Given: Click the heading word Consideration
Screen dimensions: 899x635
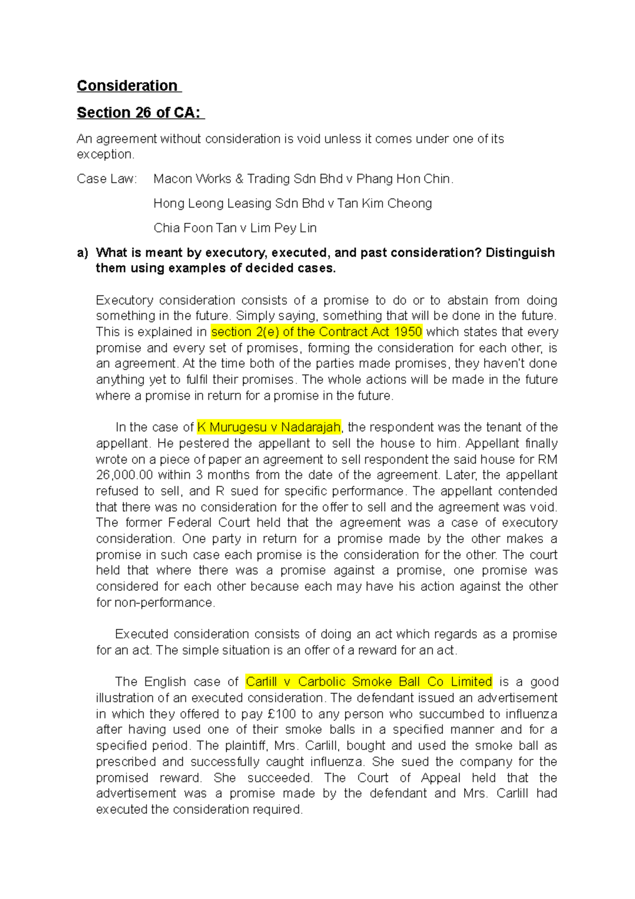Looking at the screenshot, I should click(127, 86).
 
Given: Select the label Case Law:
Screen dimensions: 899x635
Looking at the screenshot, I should click(106, 179).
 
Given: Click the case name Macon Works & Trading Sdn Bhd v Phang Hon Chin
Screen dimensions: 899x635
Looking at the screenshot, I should click(303, 179).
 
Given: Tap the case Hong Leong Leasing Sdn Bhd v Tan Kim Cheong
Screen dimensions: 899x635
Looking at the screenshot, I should click(292, 203).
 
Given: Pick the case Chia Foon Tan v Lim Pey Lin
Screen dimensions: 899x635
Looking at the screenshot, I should click(234, 228).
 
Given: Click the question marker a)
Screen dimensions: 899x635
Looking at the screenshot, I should click(82, 253).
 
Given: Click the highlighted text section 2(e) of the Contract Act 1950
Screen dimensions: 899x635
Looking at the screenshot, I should click(316, 332).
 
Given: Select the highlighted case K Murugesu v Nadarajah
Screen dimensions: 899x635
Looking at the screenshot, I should click(269, 427).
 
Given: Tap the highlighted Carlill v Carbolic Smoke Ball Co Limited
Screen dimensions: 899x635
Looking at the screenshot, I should click(369, 681).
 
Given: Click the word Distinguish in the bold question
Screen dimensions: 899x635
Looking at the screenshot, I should click(520, 253).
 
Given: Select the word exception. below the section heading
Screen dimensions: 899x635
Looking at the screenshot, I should click(105, 155).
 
